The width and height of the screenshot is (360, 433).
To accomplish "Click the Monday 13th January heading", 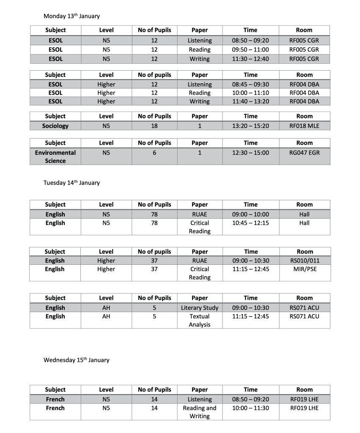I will [71, 16].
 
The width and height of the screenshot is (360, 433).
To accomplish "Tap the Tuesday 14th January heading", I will [71, 183].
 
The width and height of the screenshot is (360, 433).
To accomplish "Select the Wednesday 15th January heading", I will [76, 360].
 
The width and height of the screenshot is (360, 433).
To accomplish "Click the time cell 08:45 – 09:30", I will [250, 84].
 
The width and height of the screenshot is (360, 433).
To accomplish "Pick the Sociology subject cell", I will [55, 126].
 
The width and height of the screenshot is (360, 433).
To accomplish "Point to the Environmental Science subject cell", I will [55, 156].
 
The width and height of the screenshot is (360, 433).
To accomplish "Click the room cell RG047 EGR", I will [304, 152].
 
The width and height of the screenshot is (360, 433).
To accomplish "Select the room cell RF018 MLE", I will [304, 126].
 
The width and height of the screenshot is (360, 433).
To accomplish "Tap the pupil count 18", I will [154, 126].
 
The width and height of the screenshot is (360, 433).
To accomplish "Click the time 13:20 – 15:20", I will [250, 126].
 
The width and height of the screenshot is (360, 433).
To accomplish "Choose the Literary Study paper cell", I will [200, 308].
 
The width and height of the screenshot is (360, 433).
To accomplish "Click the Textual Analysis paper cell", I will [200, 321].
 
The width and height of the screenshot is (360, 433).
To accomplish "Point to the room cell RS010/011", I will [304, 260].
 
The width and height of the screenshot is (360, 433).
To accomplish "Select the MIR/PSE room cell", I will [304, 269].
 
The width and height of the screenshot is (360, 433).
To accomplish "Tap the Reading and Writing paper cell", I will [200, 412].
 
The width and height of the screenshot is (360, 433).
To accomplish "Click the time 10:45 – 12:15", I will [250, 223].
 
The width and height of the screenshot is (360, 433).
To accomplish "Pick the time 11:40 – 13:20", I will [250, 101].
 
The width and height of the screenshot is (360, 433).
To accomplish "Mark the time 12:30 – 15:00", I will [250, 152].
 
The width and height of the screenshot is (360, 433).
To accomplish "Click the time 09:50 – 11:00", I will [250, 49].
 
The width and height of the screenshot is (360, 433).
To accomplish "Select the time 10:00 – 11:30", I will [250, 408].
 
